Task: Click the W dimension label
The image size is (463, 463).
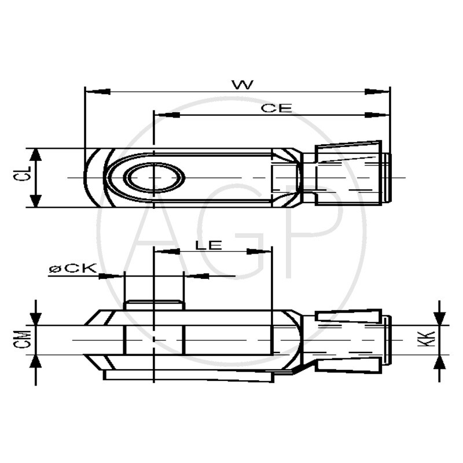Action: (x=242, y=84)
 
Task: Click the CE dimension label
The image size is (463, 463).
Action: (x=276, y=108)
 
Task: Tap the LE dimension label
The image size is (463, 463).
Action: (x=208, y=245)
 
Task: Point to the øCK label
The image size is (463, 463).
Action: (x=72, y=269)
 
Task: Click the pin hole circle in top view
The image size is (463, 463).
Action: (x=155, y=177)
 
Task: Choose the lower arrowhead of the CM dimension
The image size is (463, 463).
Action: (x=36, y=362)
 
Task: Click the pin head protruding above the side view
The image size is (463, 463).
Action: (x=154, y=305)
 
